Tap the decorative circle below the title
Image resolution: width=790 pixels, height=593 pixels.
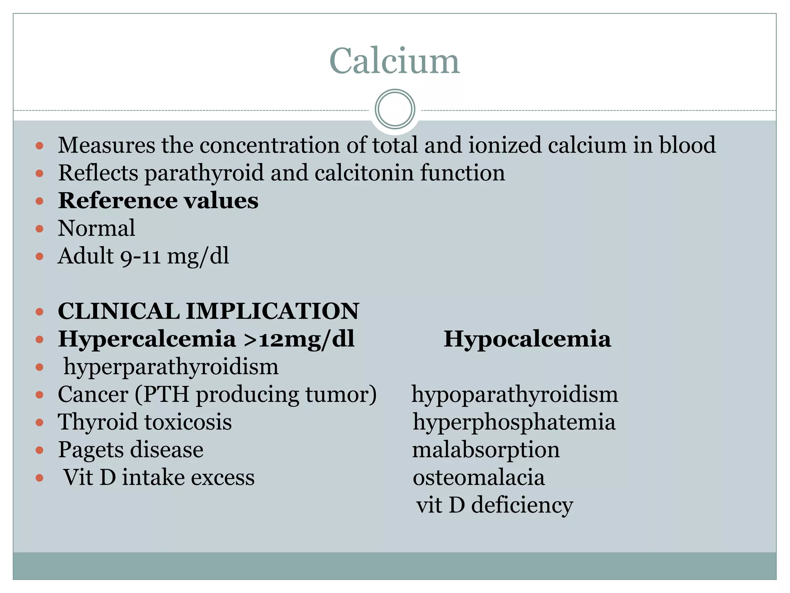point(395,109)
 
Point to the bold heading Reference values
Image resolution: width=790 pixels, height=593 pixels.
point(158,200)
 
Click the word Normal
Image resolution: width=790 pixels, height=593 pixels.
point(96,228)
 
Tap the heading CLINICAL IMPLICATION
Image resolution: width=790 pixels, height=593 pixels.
point(208,311)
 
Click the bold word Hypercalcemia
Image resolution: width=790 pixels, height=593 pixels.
point(147,339)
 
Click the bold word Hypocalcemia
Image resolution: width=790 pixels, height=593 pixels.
point(527,339)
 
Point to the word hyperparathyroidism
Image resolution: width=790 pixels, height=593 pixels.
point(171,367)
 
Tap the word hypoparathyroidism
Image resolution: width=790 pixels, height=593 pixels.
point(515,395)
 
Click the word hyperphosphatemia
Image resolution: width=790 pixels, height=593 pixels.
point(514,422)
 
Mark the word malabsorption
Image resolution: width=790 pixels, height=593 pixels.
point(486,450)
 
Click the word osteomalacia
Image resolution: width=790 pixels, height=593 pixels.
point(479,478)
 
